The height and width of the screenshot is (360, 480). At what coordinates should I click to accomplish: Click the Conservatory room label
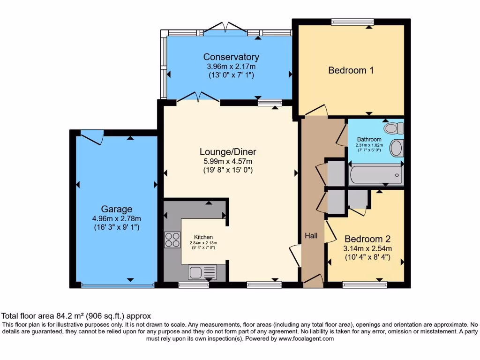pyautogui.click(x=231, y=57)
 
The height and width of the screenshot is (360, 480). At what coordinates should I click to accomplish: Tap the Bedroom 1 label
pyautogui.click(x=351, y=70)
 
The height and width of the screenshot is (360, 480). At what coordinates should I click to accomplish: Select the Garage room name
pyautogui.click(x=117, y=209)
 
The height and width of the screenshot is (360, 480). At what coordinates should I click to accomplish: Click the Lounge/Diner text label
pyautogui.click(x=228, y=152)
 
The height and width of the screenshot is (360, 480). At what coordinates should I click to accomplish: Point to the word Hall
pyautogui.click(x=311, y=236)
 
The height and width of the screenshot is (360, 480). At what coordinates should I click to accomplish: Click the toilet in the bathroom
pyautogui.click(x=394, y=128)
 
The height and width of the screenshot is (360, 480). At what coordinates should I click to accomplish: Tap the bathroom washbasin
pyautogui.click(x=397, y=148)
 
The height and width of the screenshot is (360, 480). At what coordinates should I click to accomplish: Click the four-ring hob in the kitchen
pyautogui.click(x=172, y=240)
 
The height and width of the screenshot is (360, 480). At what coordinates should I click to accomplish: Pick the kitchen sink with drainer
pyautogui.click(x=202, y=272)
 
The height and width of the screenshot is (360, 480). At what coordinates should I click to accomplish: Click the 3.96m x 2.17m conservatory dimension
pyautogui.click(x=231, y=67)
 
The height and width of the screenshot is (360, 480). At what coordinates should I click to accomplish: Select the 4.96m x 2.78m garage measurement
pyautogui.click(x=117, y=218)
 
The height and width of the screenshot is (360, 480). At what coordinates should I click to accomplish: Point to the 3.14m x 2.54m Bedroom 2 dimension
pyautogui.click(x=367, y=248)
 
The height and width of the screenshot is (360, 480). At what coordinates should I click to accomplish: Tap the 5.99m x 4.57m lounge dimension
pyautogui.click(x=228, y=161)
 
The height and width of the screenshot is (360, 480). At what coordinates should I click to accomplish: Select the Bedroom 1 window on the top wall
pyautogui.click(x=352, y=22)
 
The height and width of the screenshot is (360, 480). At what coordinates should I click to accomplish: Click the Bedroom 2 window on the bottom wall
pyautogui.click(x=365, y=285)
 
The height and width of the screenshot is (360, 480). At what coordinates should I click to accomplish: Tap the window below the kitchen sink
pyautogui.click(x=194, y=285)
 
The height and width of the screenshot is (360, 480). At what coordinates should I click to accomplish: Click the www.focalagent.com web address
pyautogui.click(x=306, y=338)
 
